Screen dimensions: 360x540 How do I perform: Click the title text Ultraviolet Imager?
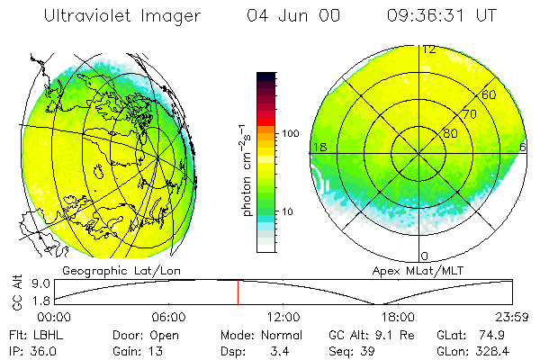point(122,16)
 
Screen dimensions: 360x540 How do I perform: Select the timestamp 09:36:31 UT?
point(442,16)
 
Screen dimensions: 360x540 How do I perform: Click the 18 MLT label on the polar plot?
point(319,147)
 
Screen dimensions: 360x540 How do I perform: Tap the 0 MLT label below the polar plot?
point(425,256)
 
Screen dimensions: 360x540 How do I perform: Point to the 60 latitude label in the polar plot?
point(489,94)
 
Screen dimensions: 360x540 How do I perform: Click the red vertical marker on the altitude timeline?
point(238,292)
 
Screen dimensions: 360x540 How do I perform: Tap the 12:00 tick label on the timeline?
point(283,317)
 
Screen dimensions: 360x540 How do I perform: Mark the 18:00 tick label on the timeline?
point(398,317)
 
